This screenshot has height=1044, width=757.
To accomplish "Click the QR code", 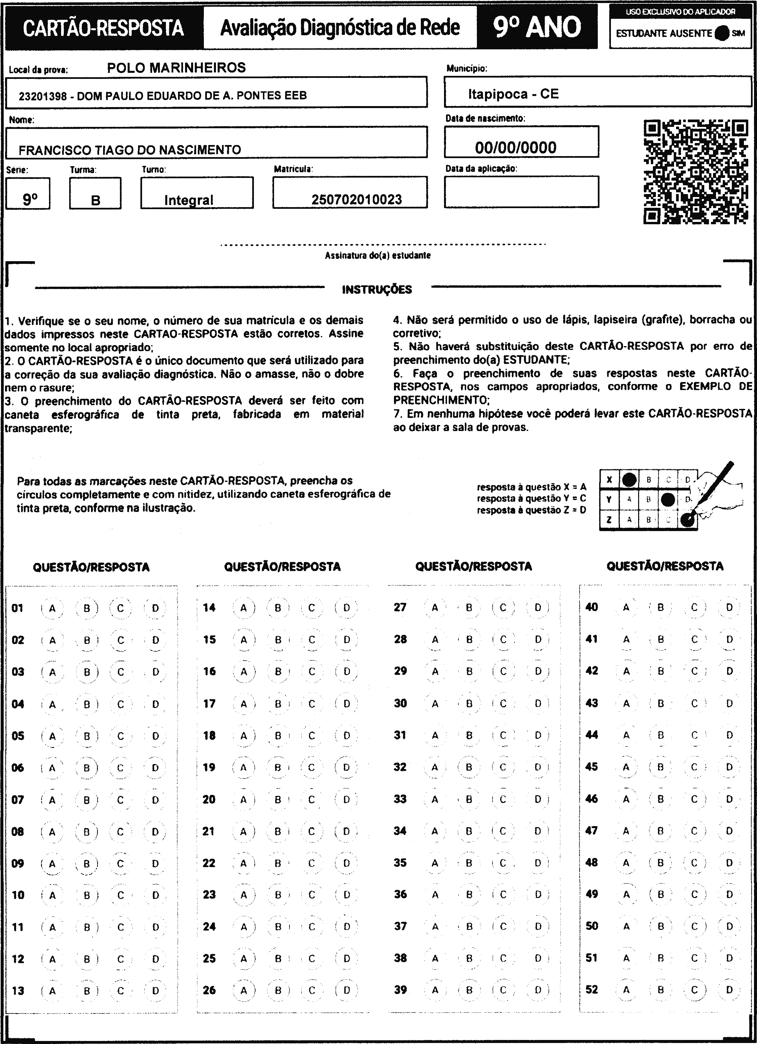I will coord(695,172).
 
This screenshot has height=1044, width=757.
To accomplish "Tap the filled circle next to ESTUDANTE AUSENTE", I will coord(722,33).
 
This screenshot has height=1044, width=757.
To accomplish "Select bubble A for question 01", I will coord(52,608).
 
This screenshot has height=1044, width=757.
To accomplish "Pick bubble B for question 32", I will coord(469,767).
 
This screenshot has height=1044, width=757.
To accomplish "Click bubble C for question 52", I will coord(695,989).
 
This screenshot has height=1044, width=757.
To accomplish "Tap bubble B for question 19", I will coord(278,767).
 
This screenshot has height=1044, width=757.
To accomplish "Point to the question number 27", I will coord(400,607).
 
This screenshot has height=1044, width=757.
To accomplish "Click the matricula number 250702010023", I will coord(356,199).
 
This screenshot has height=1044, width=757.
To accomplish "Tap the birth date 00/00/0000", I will coord(516,147).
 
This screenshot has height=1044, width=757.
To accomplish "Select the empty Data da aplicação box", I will coord(521,191).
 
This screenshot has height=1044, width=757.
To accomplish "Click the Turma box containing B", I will coord(95,194).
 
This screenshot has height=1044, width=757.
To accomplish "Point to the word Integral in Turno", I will coord(189,200).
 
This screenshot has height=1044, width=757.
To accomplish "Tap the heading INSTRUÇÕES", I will coord(377,290).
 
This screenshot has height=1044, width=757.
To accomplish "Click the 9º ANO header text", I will coord(537,27).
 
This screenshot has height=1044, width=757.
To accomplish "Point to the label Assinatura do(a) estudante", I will coord(377,255).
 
